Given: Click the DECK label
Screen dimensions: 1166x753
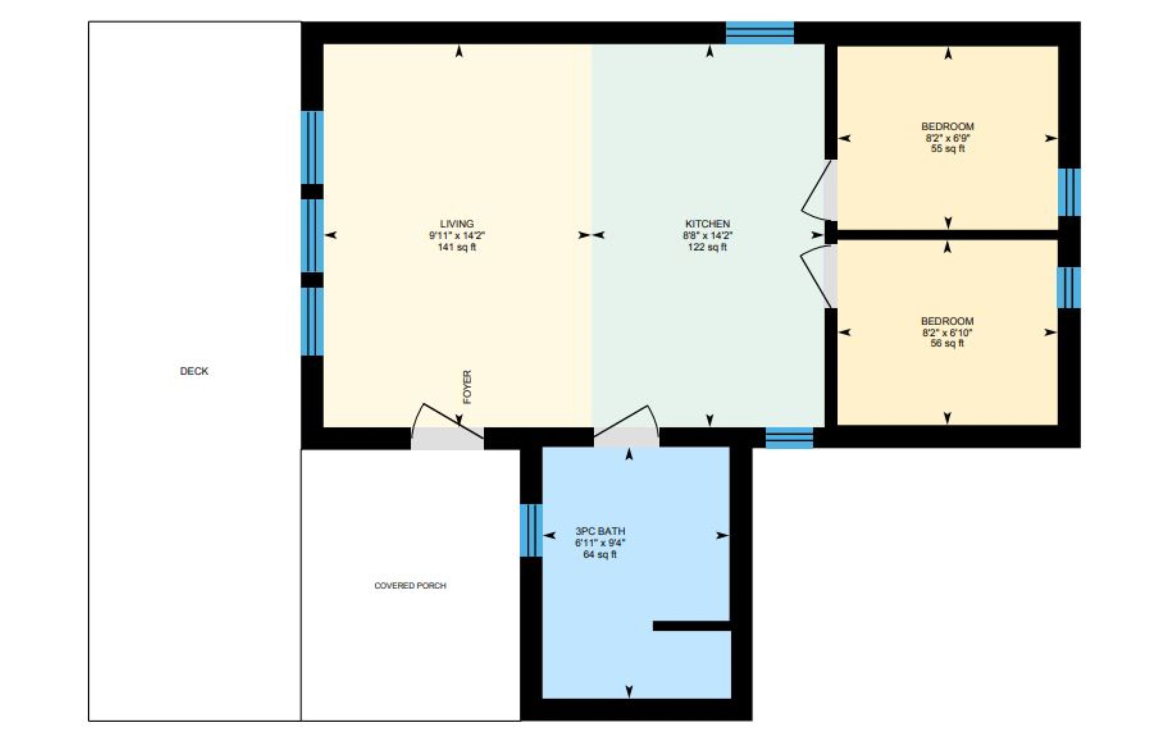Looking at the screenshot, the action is coord(194,371).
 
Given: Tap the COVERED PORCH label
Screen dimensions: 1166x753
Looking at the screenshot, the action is coord(411,585).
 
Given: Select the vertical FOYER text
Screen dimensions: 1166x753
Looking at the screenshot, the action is coord(467,387).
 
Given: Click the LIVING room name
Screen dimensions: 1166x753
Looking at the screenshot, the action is coord(457,223).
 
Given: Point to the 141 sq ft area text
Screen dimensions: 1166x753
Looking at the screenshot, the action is coord(457,247).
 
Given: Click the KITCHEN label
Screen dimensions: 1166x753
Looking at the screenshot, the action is coord(707,223).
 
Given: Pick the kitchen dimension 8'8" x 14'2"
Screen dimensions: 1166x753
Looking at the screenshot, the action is coord(707,235).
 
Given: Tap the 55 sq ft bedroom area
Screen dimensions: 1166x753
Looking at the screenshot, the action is coord(947,148).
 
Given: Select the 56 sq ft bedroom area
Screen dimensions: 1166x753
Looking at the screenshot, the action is coord(947,343).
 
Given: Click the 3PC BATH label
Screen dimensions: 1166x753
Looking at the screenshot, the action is coord(600,531).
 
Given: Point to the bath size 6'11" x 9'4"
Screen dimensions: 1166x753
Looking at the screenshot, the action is coord(600,543).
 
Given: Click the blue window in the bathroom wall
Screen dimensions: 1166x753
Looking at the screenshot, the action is coord(531,530).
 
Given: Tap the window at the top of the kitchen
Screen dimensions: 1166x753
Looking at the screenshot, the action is coord(760,33).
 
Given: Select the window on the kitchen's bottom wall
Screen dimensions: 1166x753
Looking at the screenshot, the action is coord(789,438).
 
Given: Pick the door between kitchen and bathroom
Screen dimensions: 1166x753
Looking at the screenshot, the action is coord(627,437).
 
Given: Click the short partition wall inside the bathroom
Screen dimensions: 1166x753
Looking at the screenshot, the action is coord(692,626).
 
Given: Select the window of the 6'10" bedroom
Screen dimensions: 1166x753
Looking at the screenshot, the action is coord(1069,288).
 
